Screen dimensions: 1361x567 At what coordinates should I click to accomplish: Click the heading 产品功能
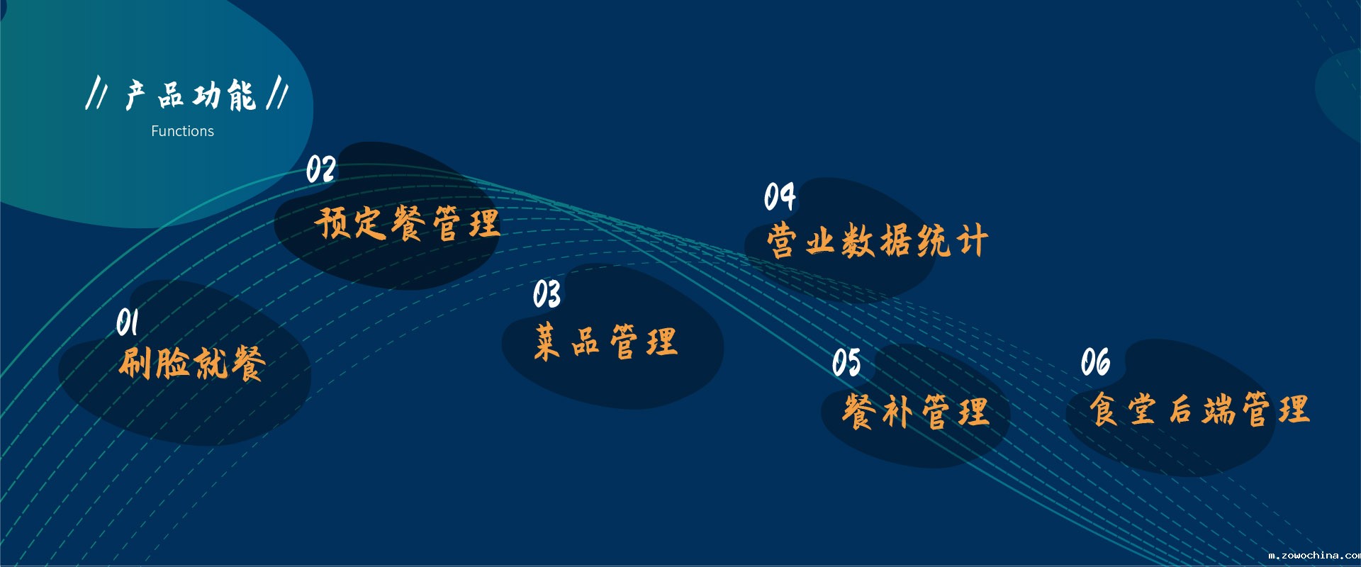191,95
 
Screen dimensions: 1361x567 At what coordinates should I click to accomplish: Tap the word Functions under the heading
182,131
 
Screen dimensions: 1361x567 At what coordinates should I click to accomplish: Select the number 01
128,322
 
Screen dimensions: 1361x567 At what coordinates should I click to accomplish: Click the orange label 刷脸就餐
192,364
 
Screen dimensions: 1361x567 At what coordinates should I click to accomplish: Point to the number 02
320,170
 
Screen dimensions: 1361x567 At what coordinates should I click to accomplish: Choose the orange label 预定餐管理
408,223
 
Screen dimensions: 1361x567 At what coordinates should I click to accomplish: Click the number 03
547,294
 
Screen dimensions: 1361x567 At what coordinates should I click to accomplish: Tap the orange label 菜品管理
606,342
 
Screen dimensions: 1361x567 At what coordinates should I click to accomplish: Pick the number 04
780,196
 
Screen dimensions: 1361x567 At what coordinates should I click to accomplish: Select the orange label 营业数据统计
877,241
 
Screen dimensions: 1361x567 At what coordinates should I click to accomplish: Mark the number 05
846,362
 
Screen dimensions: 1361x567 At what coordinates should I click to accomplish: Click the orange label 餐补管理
915,412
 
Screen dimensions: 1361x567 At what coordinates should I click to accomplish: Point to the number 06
1095,362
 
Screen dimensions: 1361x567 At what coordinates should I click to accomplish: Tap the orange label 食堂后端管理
1199,410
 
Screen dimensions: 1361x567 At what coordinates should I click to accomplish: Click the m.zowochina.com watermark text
1314,556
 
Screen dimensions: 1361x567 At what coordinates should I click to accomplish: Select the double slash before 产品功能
96,94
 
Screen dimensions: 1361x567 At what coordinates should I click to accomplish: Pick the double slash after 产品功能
277,94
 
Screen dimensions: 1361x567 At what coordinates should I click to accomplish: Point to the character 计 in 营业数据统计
972,241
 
